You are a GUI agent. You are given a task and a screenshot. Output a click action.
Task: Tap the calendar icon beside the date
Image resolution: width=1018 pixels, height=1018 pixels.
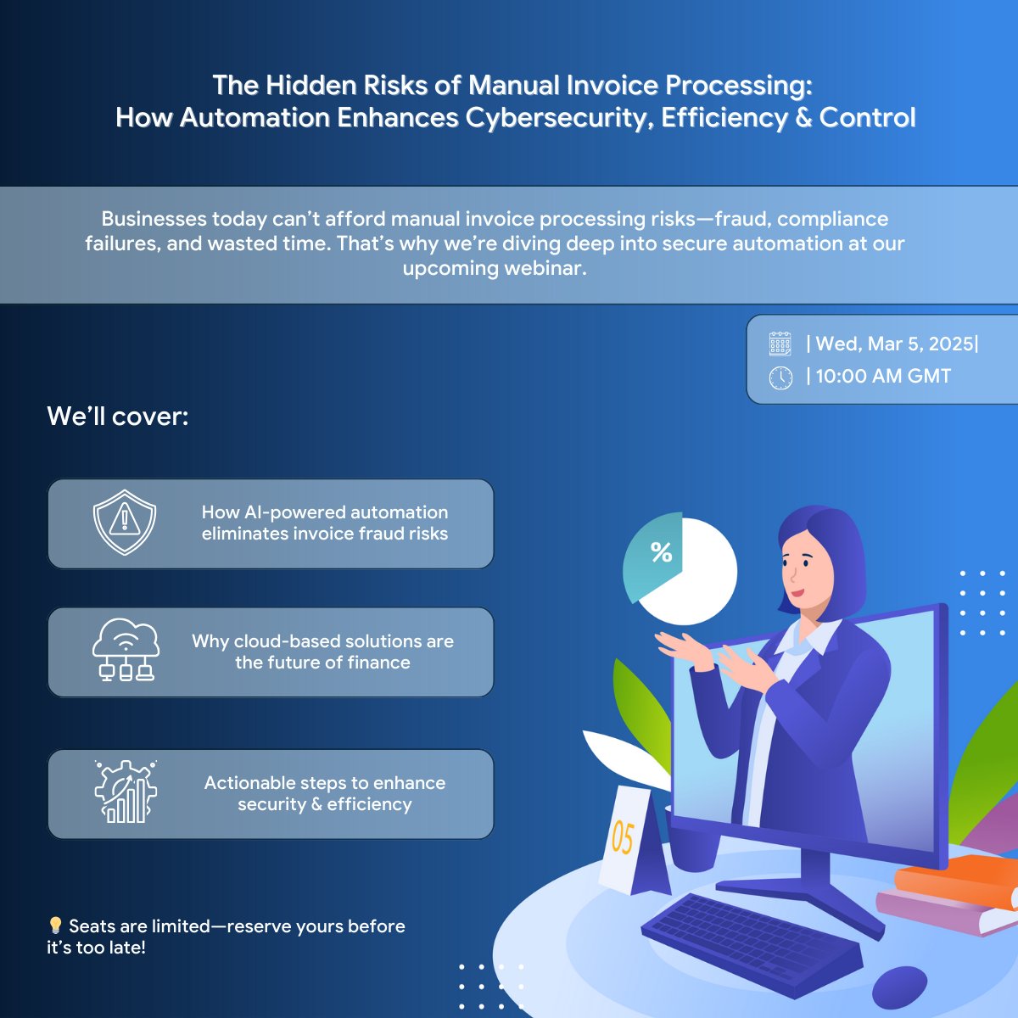coord(780,344)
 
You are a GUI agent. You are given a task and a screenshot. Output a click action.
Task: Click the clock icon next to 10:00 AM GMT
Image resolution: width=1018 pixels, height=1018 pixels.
coord(780,378)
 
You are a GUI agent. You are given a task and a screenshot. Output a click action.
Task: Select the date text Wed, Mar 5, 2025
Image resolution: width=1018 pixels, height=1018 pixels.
coord(894,344)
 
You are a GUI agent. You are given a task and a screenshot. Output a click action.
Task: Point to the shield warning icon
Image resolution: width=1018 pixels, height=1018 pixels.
coord(125,522)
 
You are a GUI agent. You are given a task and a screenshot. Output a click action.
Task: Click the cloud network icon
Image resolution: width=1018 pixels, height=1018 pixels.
coord(125,650)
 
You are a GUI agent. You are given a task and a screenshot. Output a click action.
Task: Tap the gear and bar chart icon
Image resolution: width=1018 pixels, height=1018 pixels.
coord(125,791)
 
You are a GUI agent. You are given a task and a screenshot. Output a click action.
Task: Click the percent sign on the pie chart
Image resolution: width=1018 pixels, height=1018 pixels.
coord(661,553)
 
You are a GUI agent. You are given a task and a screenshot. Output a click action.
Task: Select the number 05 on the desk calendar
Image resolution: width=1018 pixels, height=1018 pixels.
coord(623,837)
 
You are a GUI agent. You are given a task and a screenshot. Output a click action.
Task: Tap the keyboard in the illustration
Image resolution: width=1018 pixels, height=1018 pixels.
coord(747,942)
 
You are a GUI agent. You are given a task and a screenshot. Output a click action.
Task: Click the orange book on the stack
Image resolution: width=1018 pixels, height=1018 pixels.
coord(959,879)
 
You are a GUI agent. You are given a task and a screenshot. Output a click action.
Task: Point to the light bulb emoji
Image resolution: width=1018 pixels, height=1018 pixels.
coord(55,926)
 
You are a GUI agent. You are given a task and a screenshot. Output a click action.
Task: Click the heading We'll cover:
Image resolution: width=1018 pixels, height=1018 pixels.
coord(118,417)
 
